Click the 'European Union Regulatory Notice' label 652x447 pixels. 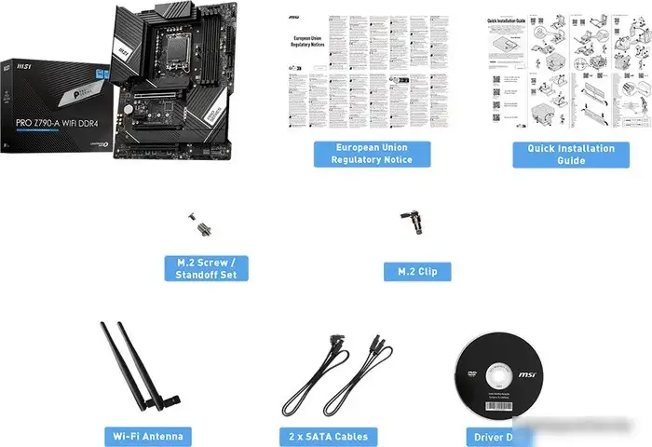click(372, 154)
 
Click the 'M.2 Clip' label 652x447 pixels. click(417, 272)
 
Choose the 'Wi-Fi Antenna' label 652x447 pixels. click(147, 436)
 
